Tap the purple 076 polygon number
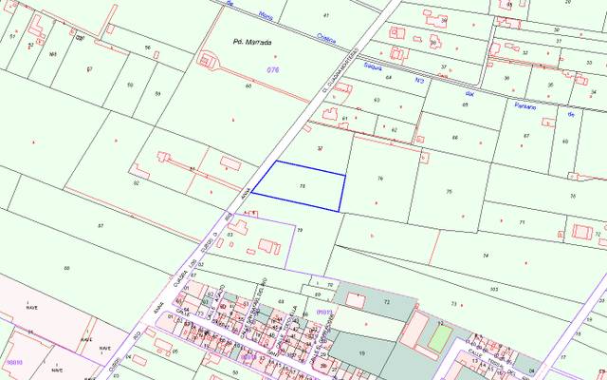274,70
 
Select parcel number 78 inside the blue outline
303,185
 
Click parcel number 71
522,221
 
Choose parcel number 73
453,304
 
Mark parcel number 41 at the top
326,16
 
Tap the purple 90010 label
13,362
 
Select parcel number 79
300,230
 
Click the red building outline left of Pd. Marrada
208,58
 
